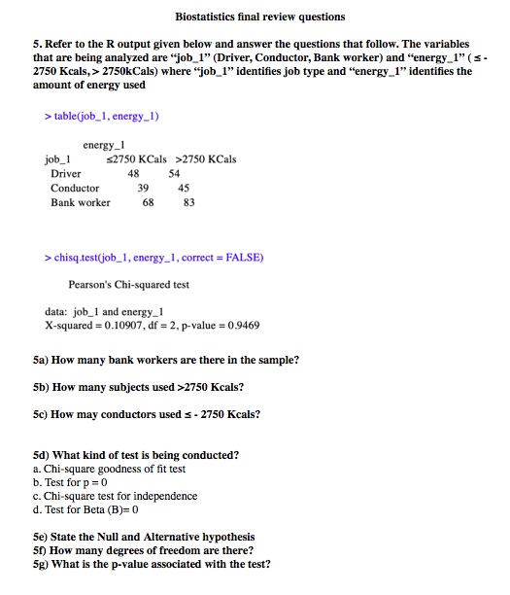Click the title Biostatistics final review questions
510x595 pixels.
(259, 17)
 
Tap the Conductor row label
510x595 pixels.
(75, 188)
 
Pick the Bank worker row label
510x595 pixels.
(81, 202)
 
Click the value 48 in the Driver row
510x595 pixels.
(134, 173)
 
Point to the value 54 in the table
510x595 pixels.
(175, 173)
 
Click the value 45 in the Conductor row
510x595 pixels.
(184, 188)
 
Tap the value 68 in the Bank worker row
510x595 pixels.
(148, 202)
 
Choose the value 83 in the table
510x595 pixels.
(188, 202)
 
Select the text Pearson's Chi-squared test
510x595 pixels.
(128, 285)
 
